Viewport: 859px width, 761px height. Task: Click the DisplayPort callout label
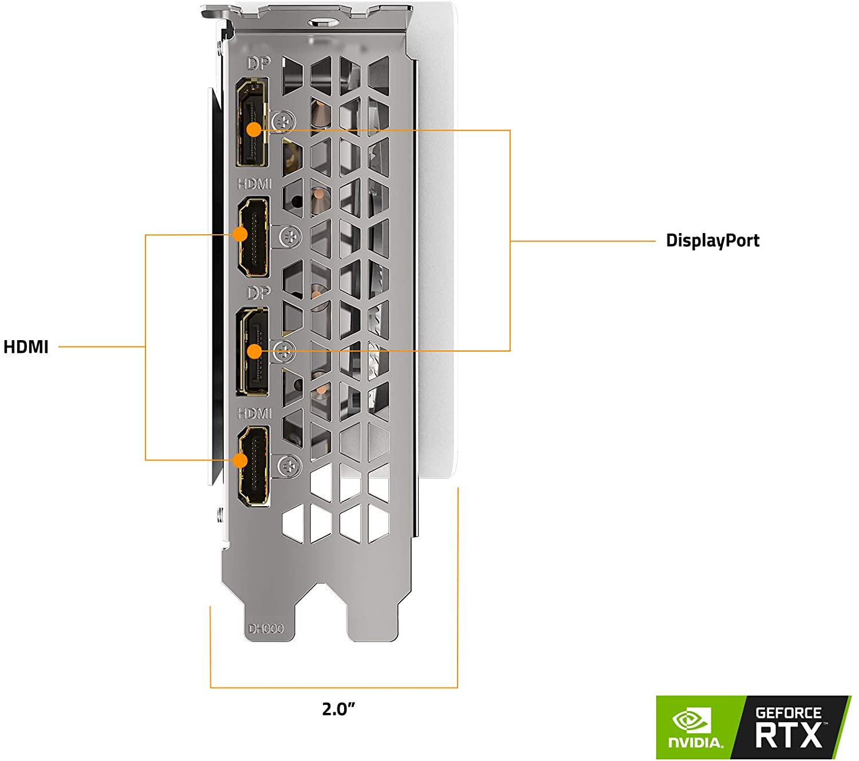(x=712, y=240)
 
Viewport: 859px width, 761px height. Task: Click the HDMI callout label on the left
(x=26, y=347)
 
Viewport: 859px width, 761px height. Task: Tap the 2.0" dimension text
(x=338, y=709)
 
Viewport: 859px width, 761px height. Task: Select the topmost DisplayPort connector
(x=251, y=124)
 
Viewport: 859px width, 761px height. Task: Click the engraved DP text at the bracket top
(x=258, y=63)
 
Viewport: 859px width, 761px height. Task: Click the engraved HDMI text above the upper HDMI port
(x=254, y=184)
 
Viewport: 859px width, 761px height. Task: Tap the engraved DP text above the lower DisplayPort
(x=258, y=293)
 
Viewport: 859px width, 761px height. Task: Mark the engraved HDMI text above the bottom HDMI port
(x=254, y=413)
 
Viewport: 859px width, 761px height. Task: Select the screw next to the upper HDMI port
(x=290, y=236)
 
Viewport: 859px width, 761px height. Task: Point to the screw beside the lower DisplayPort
(x=284, y=351)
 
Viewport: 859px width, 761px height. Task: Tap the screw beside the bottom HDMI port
(x=290, y=466)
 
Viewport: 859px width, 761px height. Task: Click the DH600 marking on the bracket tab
(x=266, y=629)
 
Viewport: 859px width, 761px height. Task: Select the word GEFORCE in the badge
(x=789, y=713)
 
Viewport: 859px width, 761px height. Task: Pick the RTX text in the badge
(x=789, y=735)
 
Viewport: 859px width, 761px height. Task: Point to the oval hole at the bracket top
(x=321, y=22)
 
